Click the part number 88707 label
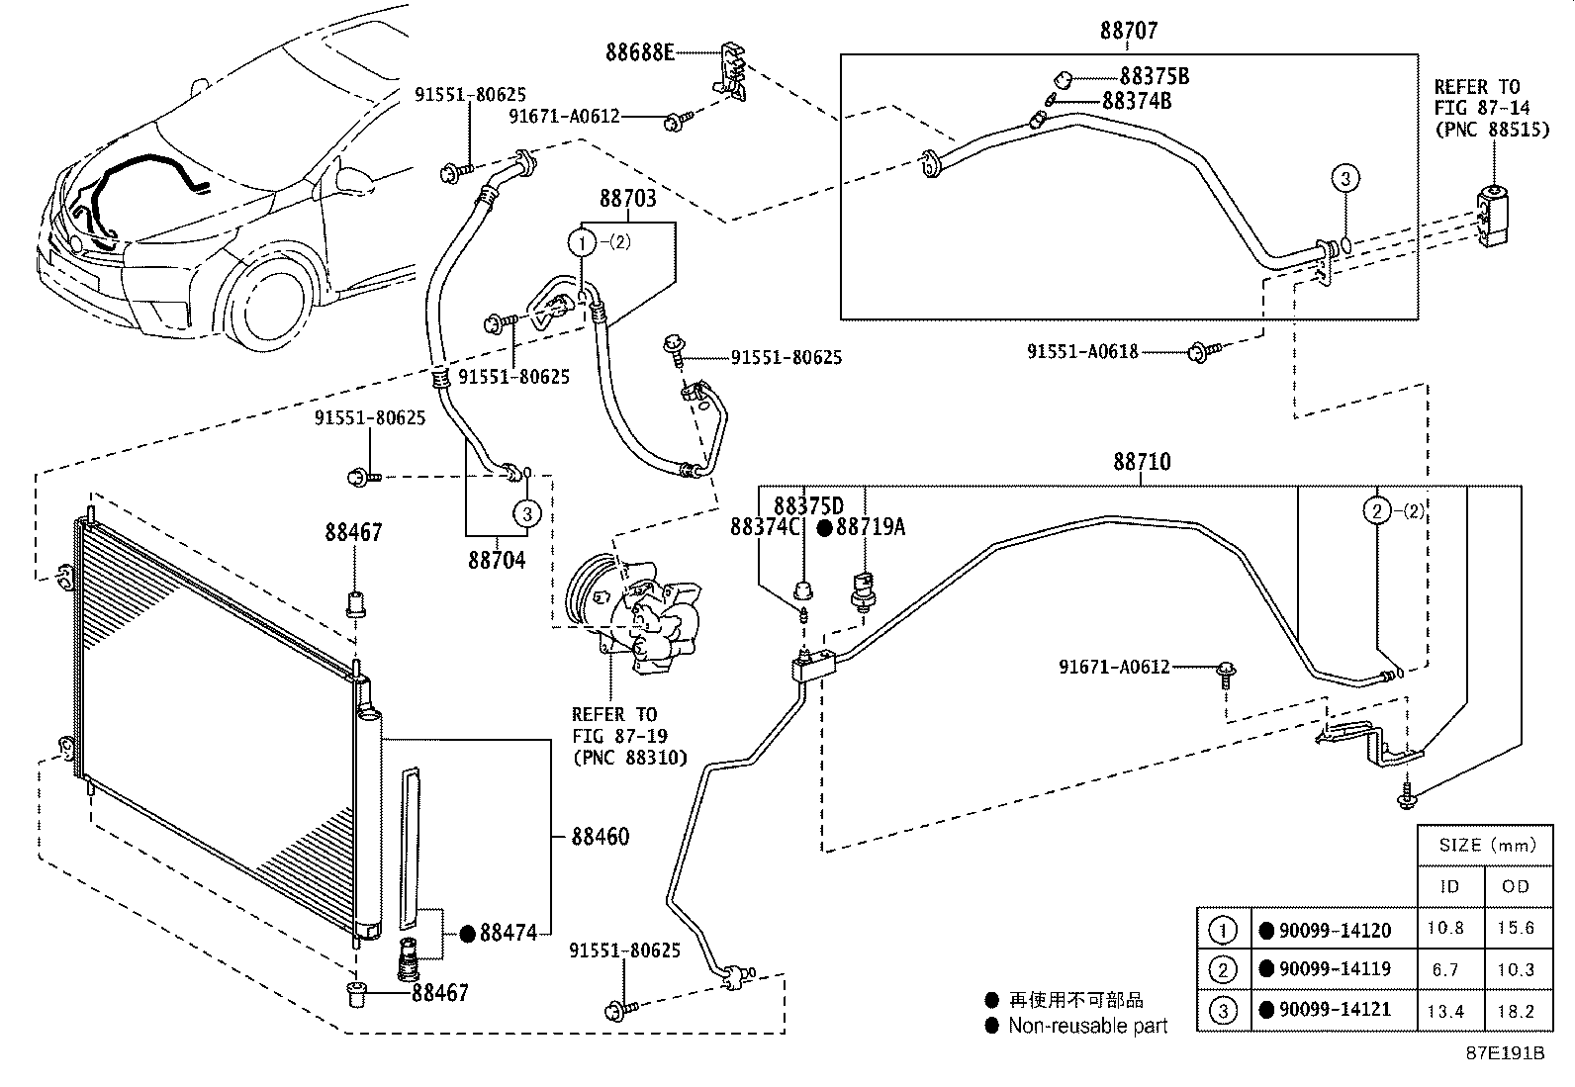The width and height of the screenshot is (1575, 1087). [x=1129, y=31]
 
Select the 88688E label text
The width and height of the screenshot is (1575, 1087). [x=640, y=52]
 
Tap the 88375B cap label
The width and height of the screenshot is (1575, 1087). [x=1155, y=76]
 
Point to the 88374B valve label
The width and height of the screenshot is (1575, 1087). [x=1137, y=101]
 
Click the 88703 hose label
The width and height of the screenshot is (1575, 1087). [x=628, y=198]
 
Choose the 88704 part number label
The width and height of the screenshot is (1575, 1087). [x=497, y=561]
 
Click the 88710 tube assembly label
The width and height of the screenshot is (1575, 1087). [x=1142, y=462]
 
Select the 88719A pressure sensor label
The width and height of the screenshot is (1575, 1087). [x=871, y=526]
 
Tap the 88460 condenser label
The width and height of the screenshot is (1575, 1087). [x=600, y=837]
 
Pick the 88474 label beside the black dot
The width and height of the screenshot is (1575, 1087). [x=509, y=933]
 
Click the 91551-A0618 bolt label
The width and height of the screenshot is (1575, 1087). [x=1082, y=351]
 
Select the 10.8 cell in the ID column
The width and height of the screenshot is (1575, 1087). [x=1445, y=928]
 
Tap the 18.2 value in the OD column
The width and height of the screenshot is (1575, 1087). [x=1516, y=1011]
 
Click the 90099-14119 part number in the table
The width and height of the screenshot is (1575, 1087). [x=1335, y=969]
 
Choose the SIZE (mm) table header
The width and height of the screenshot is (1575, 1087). [x=1487, y=845]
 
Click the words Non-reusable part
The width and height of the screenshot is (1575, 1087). [x=1087, y=1026]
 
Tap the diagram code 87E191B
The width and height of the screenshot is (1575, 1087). [x=1505, y=1052]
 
